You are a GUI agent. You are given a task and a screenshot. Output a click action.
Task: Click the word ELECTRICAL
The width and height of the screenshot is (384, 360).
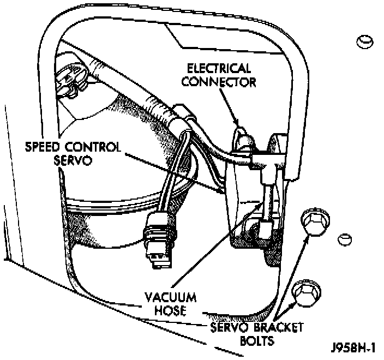tap(219, 69)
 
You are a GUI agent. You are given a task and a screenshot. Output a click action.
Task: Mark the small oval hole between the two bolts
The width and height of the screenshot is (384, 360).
tap(344, 239)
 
